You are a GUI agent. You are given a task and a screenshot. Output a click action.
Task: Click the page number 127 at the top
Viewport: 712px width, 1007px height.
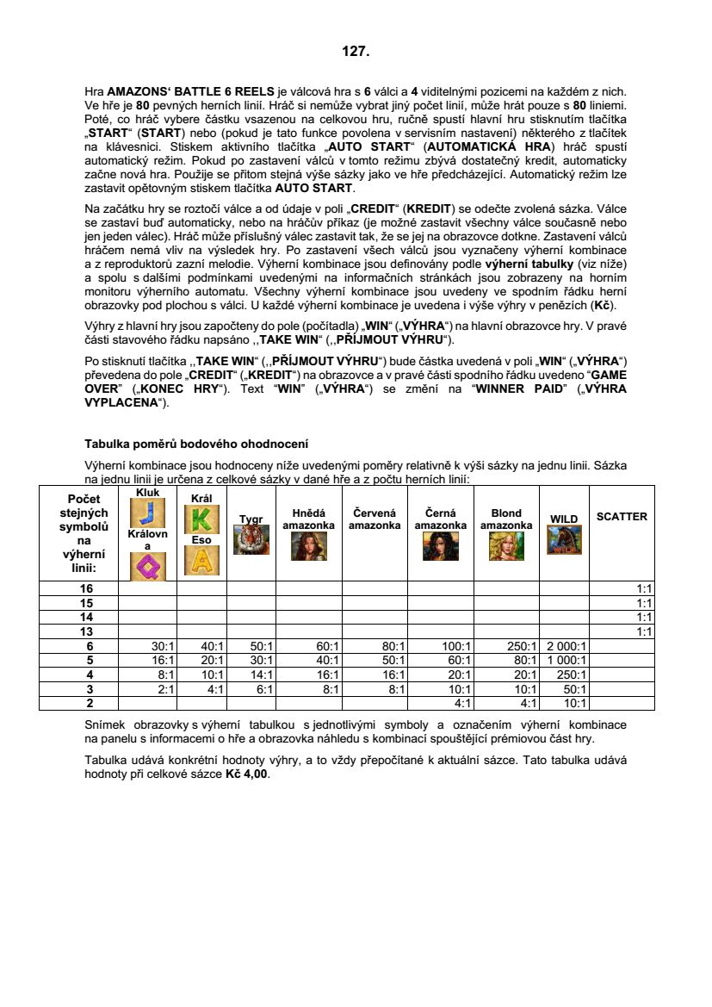[356, 52]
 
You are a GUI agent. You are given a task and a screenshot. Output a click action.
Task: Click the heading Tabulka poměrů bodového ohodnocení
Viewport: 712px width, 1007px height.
[196, 444]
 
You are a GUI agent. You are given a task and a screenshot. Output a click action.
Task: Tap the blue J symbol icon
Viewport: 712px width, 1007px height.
[147, 513]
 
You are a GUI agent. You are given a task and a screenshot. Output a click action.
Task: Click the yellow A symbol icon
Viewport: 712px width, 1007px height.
[201, 561]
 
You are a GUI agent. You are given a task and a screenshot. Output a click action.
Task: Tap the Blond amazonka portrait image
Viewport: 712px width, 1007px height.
[505, 546]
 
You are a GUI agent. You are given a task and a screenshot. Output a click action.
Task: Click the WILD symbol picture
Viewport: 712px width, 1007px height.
[564, 540]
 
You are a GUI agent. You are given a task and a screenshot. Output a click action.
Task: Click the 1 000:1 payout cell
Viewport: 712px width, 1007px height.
[564, 660]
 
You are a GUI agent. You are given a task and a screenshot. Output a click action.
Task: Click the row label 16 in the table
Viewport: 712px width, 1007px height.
[86, 587]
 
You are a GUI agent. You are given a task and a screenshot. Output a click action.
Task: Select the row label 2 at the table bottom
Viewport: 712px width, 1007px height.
[86, 703]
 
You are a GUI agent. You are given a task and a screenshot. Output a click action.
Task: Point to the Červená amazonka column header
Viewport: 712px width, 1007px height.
[375, 519]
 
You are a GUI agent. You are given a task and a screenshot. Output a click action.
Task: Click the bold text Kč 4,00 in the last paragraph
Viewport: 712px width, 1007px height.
[247, 774]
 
